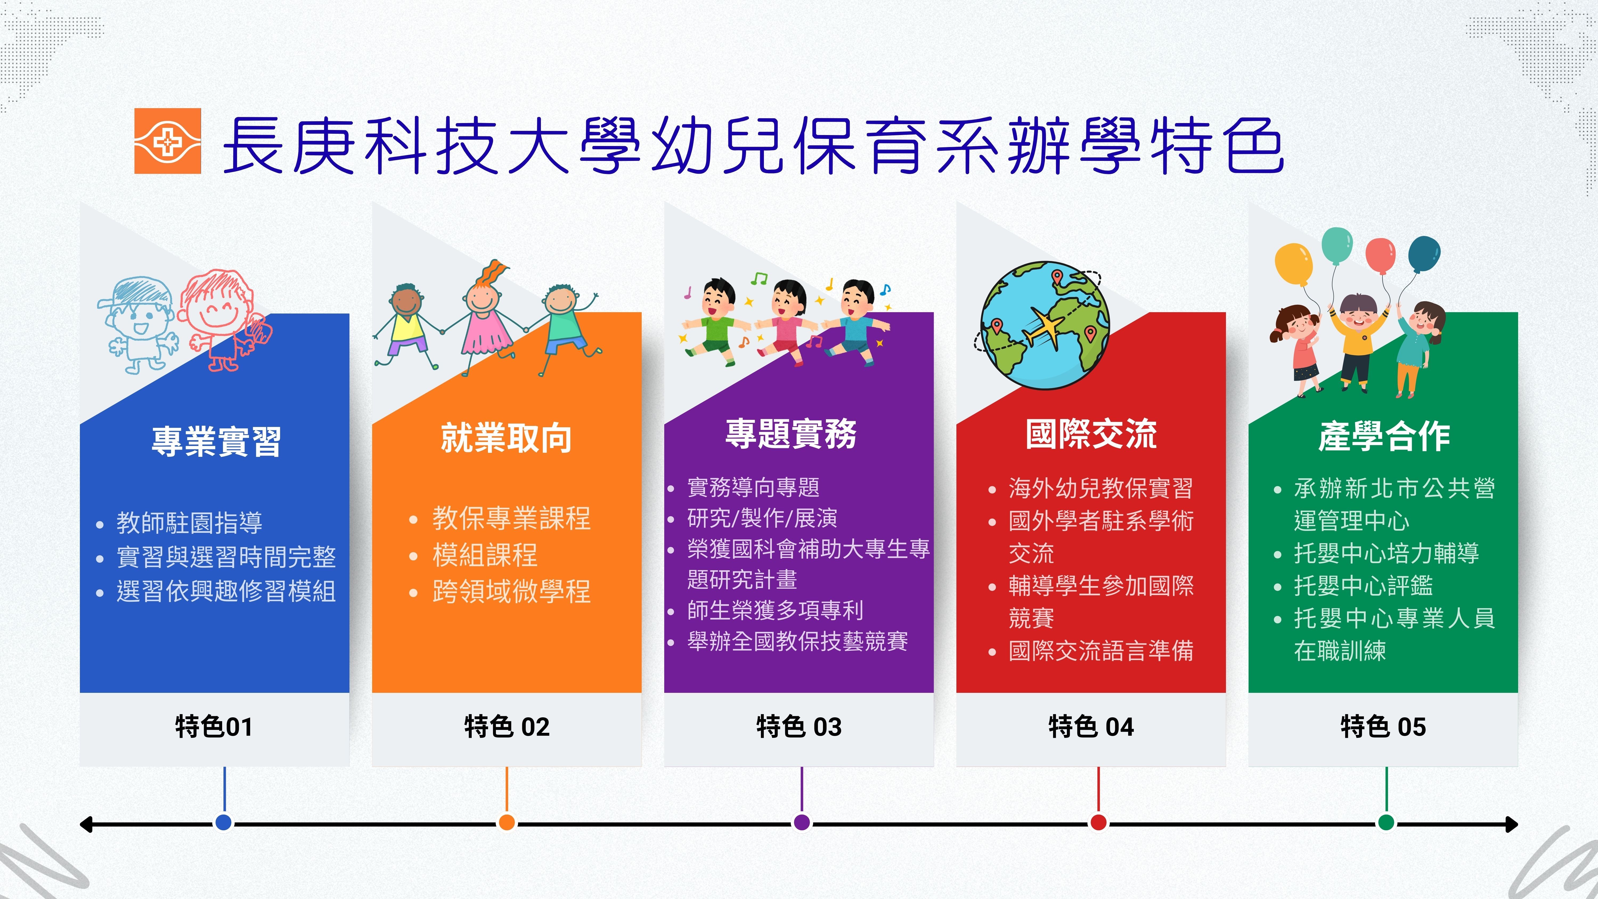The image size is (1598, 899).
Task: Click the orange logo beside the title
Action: (x=168, y=141)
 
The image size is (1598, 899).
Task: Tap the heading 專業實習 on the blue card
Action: (x=217, y=441)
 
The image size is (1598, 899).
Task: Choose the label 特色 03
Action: (x=799, y=726)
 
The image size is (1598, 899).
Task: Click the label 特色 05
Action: (x=1383, y=726)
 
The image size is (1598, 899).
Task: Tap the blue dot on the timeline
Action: (x=224, y=823)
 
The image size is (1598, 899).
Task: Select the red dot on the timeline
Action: (x=1098, y=823)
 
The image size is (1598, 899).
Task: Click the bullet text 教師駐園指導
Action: (x=189, y=522)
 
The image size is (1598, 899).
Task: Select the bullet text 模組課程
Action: (x=485, y=555)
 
